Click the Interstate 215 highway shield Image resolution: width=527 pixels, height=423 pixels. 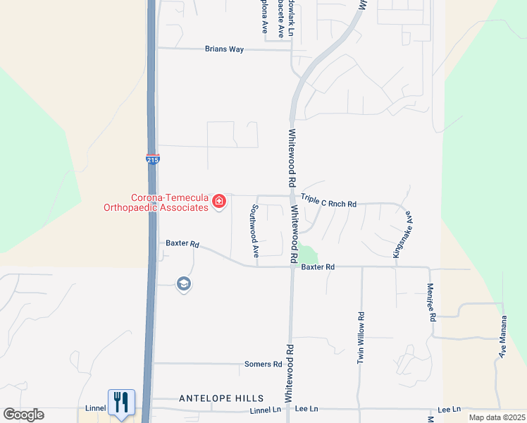[x=152, y=159]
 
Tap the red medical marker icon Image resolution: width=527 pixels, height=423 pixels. [x=219, y=202]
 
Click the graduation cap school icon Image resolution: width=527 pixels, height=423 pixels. [x=184, y=284]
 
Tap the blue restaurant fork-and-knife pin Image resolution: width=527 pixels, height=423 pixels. [x=121, y=403]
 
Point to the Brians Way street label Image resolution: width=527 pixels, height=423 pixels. [x=224, y=49]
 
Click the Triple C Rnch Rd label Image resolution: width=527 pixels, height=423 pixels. [x=328, y=203]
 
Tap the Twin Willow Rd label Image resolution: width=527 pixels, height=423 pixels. [x=361, y=338]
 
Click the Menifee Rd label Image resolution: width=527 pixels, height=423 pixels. [x=431, y=302]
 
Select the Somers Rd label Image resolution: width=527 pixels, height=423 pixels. [x=263, y=364]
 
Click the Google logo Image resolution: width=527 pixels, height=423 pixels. [x=23, y=415]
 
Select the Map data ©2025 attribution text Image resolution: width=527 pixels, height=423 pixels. [x=497, y=417]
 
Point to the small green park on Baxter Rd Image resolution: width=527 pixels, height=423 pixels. [x=308, y=254]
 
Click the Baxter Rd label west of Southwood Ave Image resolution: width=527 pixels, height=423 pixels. [x=182, y=244]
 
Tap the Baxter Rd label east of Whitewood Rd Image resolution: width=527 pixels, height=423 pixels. [x=317, y=267]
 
